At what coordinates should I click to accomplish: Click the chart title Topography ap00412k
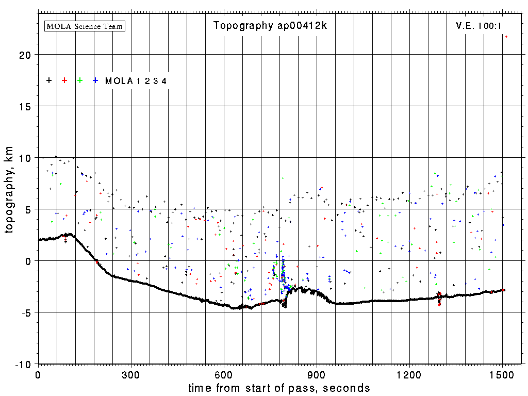click(270, 26)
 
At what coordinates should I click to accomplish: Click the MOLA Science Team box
click(85, 26)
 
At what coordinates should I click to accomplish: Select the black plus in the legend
click(49, 80)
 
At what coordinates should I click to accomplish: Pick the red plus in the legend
click(64, 80)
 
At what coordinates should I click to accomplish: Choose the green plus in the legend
click(80, 80)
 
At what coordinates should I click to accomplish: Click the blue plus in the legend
click(95, 80)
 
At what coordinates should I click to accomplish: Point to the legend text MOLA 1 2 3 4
click(136, 81)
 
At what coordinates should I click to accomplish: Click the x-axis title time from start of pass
click(279, 388)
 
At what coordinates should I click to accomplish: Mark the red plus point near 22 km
click(506, 37)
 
